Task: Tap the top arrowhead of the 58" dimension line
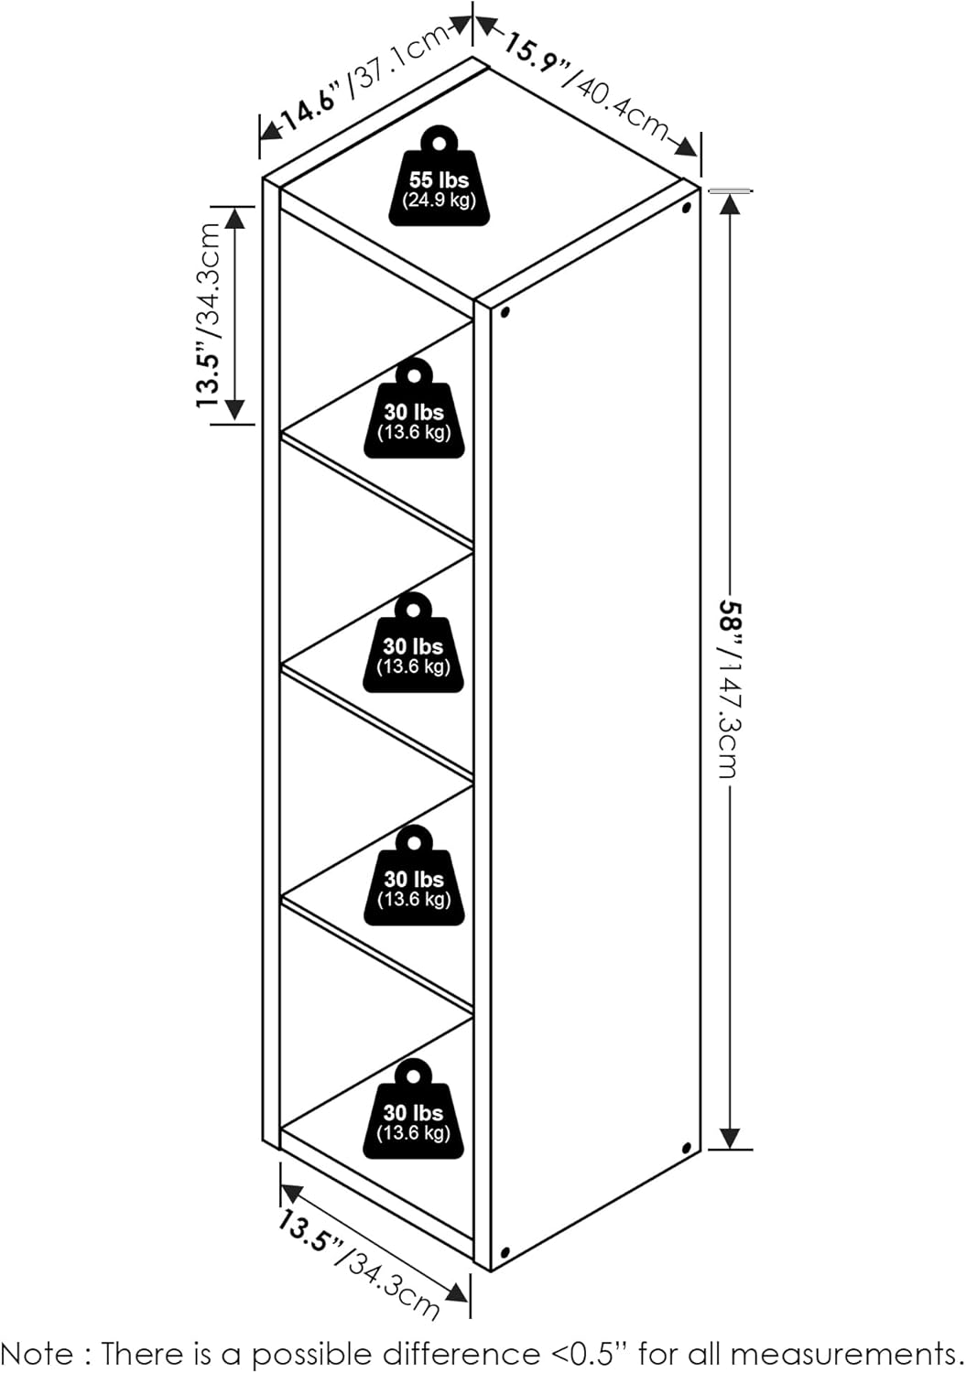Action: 729,203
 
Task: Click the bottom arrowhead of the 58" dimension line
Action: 729,1138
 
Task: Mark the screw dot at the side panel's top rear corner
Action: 687,208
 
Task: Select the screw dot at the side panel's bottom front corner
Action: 504,1251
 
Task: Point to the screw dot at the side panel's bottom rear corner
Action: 687,1147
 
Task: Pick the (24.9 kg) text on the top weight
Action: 440,200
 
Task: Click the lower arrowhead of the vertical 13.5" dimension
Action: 235,410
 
